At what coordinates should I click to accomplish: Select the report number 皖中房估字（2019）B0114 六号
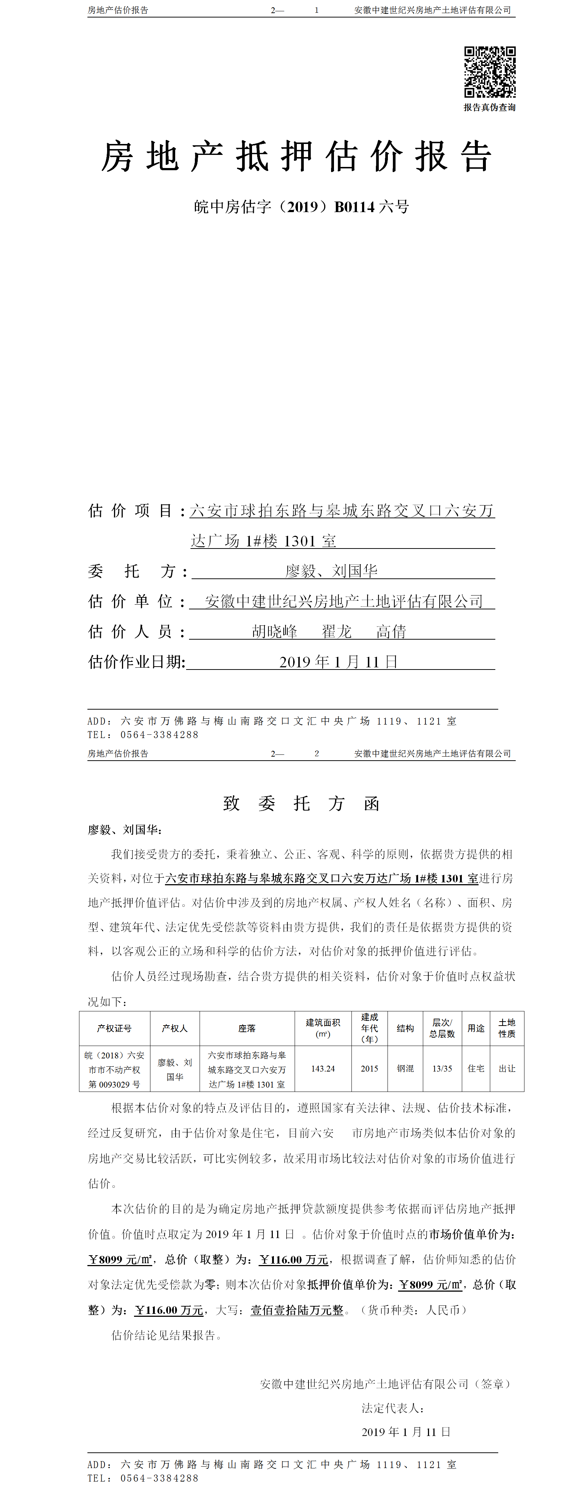coord(302,207)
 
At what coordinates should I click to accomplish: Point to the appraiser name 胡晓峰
coord(275,632)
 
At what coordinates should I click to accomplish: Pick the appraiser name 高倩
coord(391,632)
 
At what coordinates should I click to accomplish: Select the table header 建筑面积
coord(323,1022)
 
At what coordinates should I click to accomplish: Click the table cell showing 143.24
coord(323,1069)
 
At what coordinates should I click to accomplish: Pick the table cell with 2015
coord(369,1069)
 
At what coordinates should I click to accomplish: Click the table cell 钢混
coord(405,1069)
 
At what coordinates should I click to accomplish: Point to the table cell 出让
coord(507,1069)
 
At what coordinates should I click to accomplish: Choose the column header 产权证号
coord(114,1028)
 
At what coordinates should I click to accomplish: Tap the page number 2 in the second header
coord(317,753)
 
